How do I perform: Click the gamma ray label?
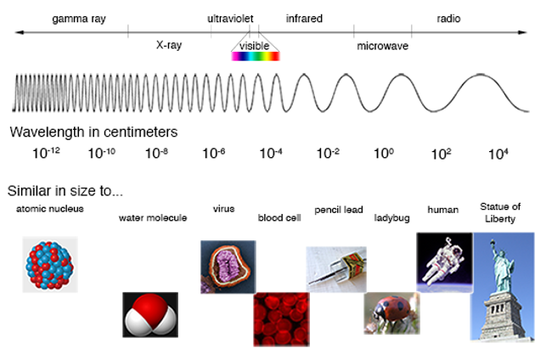point(79,19)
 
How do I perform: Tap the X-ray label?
point(169,45)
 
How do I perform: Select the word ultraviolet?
point(230,19)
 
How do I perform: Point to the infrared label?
point(304,19)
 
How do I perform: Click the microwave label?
point(383,46)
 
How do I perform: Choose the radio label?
point(448,19)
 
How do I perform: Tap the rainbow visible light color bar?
point(256,56)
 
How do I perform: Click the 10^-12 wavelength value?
point(46,153)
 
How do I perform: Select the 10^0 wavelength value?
point(384,153)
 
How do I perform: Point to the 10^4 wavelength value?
point(498,154)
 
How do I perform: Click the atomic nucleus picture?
point(50,264)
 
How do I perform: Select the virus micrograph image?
point(228,267)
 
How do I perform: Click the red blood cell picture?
point(281,319)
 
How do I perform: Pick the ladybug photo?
point(391,313)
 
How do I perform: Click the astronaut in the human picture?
point(443,262)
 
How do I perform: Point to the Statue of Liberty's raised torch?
point(492,243)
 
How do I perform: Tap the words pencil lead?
point(339,210)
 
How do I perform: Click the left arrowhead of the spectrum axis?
point(20,32)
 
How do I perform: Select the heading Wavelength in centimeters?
point(93,132)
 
